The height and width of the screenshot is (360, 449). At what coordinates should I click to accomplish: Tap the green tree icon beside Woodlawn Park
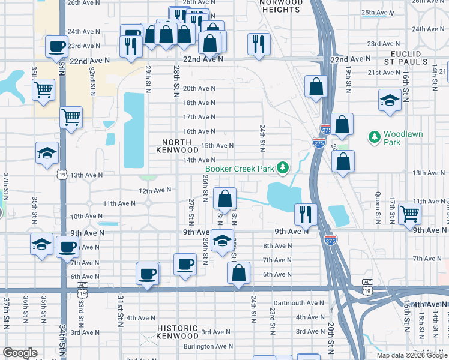click(375, 138)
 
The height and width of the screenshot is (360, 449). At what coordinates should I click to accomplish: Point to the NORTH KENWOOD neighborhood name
click(177, 145)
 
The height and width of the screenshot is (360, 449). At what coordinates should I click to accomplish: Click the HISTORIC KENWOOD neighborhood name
click(178, 332)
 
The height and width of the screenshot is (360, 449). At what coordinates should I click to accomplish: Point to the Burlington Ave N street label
click(208, 346)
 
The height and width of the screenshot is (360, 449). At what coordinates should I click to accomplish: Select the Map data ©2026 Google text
click(412, 355)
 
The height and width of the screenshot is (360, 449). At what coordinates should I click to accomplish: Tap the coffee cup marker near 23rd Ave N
click(57, 46)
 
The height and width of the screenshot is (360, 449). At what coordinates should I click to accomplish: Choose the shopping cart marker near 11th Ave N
click(409, 212)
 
